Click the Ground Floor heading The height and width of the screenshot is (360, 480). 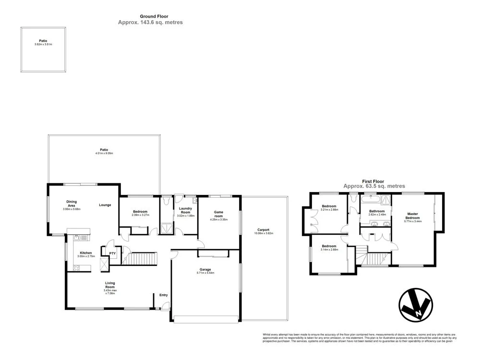point(150,16)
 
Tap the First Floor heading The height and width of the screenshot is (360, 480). point(374,181)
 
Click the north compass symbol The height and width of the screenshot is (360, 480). point(415,305)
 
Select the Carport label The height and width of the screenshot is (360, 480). point(264,230)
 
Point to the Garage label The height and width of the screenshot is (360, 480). point(205,270)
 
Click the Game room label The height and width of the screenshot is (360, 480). point(218,215)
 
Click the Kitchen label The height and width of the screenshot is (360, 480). point(85,253)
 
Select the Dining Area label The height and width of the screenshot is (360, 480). point(72,204)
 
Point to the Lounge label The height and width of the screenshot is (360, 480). point(105,205)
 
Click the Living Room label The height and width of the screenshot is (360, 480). point(110,285)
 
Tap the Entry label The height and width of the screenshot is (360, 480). point(163,295)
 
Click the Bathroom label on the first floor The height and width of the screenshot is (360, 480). point(377,211)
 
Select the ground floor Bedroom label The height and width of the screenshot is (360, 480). point(140,212)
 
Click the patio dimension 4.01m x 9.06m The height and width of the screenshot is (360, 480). point(104,153)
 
